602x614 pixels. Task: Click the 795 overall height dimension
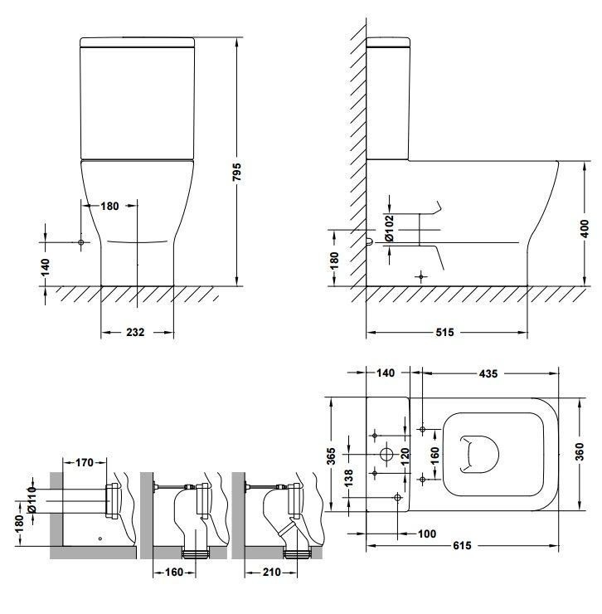237,172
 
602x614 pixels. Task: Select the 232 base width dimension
135,333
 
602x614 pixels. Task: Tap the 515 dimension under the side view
444,333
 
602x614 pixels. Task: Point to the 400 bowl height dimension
585,229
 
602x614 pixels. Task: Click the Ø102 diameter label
389,228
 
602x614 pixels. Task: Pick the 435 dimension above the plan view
488,373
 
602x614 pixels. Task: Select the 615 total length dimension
462,545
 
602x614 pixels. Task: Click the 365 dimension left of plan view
331,456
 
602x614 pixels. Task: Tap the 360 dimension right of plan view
580,452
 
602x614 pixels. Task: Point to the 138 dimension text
348,478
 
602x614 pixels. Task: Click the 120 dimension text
405,456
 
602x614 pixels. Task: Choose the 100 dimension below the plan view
427,534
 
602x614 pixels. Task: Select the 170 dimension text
84,462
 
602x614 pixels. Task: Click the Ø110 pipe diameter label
32,499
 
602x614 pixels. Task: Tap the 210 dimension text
272,573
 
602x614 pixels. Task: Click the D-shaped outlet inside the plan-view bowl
478,454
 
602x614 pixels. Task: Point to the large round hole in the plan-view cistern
386,454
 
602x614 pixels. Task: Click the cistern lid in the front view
138,42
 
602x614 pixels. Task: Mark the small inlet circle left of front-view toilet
81,242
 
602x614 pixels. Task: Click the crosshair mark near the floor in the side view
420,277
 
